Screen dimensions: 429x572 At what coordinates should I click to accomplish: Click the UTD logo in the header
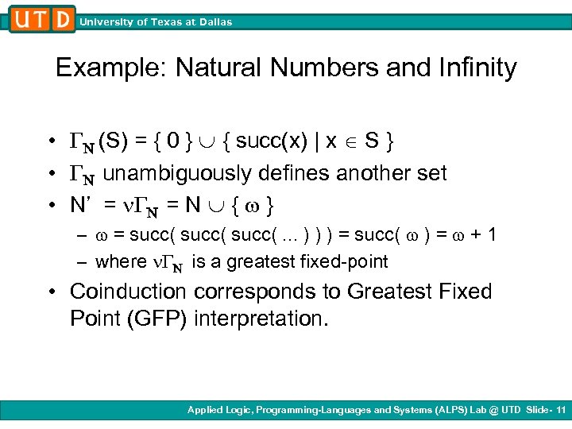click(x=43, y=18)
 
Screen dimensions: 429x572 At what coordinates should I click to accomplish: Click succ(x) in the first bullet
click(x=277, y=141)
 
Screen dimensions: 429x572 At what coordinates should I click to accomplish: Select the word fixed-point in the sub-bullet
click(x=348, y=261)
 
